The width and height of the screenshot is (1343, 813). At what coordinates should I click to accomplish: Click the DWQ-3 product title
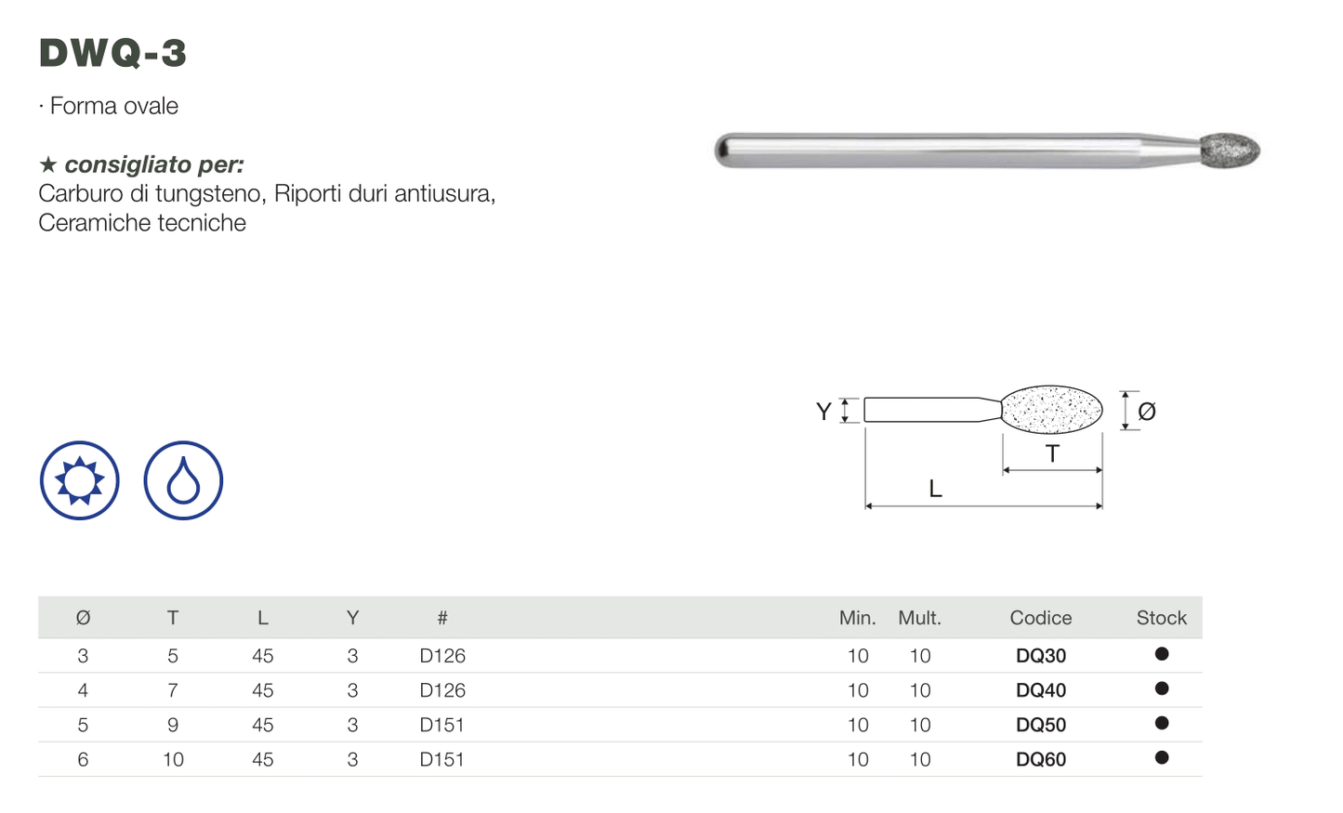[112, 52]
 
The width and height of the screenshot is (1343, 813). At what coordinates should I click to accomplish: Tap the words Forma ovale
[114, 106]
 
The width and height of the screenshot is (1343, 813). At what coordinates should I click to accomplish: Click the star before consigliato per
[48, 164]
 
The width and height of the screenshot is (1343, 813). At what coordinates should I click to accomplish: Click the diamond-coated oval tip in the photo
[1230, 150]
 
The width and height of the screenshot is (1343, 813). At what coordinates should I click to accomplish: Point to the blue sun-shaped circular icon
[80, 480]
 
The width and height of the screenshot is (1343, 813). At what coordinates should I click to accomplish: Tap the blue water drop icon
[183, 480]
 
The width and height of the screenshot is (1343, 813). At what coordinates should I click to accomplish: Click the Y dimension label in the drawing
[823, 412]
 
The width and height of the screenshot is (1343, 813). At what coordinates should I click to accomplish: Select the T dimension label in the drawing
[1052, 453]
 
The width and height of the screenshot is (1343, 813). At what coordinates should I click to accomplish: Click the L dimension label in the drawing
[935, 489]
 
